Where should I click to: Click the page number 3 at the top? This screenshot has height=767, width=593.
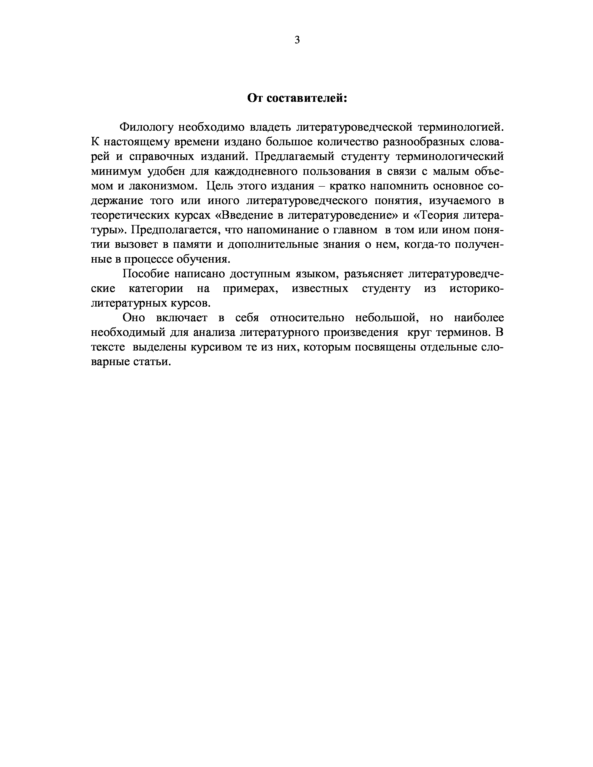point(297,40)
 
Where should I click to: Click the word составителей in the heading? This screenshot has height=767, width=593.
point(307,98)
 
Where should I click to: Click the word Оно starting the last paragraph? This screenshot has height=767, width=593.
point(134,317)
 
